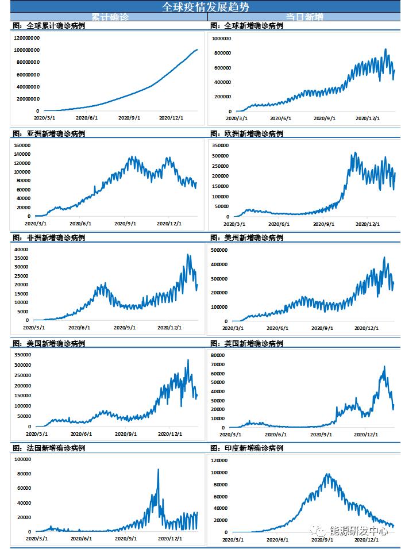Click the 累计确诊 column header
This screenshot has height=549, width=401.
tap(110, 17)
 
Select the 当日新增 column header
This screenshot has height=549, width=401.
tap(304, 17)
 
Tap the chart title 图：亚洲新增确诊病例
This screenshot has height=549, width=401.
tap(48, 133)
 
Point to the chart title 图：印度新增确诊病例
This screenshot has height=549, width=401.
tap(246, 448)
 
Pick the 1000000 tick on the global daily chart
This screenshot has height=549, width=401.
tap(222, 39)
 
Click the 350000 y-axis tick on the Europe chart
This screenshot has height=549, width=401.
tap(222, 146)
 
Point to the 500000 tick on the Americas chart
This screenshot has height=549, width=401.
tap(222, 250)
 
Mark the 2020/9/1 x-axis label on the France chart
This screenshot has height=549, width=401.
tap(126, 539)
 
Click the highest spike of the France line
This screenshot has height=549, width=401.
tap(158, 470)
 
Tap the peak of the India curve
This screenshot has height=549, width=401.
tap(327, 475)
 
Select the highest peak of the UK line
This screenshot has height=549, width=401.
tap(384, 366)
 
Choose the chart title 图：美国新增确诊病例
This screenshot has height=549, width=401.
tap(48, 343)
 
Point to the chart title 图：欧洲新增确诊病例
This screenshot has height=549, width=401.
tap(246, 133)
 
